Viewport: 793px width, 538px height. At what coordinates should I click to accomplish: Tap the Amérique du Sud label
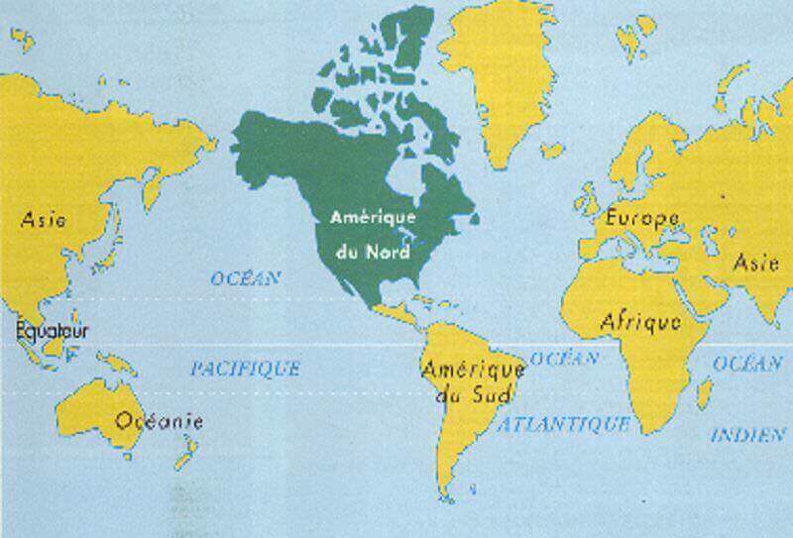(x=459, y=382)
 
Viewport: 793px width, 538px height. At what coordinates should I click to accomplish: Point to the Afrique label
(x=640, y=321)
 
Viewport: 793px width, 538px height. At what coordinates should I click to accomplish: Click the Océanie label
(x=160, y=421)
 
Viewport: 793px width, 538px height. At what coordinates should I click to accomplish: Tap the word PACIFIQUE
(x=245, y=370)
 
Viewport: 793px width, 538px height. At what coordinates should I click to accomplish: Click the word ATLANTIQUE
(x=564, y=424)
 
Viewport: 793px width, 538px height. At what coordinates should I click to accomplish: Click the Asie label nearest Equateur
(x=42, y=219)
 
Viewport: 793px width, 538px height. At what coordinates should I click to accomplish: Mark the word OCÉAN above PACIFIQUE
(x=245, y=278)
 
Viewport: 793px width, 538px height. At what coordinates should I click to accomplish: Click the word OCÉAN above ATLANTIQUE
(x=564, y=358)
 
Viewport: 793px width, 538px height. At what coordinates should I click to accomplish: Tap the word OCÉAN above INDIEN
(x=747, y=364)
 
